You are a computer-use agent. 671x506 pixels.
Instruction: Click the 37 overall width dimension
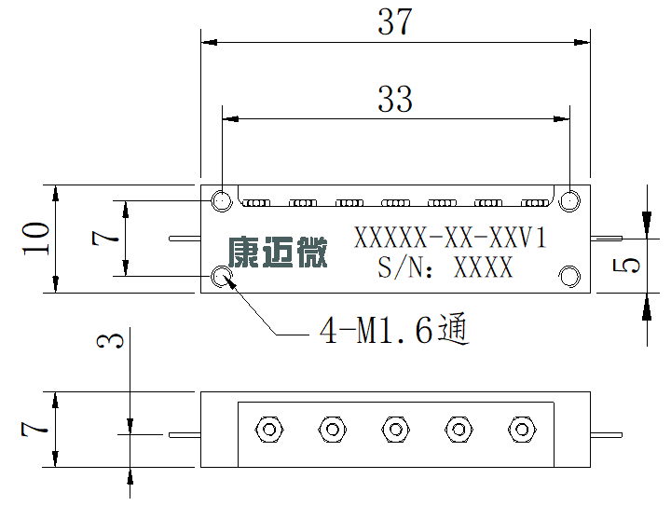tap(395, 21)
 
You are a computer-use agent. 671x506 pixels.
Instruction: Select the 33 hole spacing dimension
tap(395, 99)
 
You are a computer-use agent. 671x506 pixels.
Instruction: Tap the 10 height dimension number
tap(36, 239)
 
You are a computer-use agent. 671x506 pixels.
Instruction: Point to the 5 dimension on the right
tap(626, 266)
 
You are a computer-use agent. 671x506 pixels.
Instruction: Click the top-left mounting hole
tap(222, 200)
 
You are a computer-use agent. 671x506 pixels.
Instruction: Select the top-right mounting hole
tap(569, 200)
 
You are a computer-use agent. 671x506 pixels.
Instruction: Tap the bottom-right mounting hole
tap(569, 276)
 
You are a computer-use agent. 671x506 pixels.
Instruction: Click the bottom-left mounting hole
tap(222, 276)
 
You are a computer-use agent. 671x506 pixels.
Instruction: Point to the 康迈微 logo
tap(278, 253)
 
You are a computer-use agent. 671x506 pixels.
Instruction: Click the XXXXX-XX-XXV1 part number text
tap(450, 238)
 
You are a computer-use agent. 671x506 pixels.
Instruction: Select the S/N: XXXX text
tap(445, 267)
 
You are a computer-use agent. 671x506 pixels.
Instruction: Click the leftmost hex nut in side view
tap(269, 429)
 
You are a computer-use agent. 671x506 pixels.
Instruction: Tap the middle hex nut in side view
tap(396, 429)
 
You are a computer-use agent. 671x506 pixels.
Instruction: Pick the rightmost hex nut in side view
tap(522, 429)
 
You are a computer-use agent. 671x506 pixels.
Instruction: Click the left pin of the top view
tap(185, 239)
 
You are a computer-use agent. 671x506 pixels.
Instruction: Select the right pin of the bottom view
tap(607, 435)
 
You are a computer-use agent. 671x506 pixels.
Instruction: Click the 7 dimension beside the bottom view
tap(34, 429)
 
